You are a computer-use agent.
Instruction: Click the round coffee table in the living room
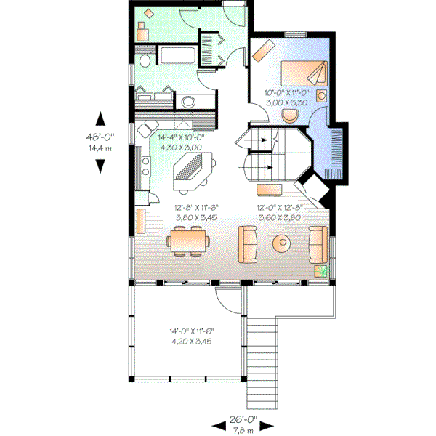pos(280,243)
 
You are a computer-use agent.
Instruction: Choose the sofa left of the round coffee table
pos(249,243)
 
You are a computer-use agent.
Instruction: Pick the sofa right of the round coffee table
pos(317,243)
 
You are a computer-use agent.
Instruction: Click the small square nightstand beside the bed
pos(322,94)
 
